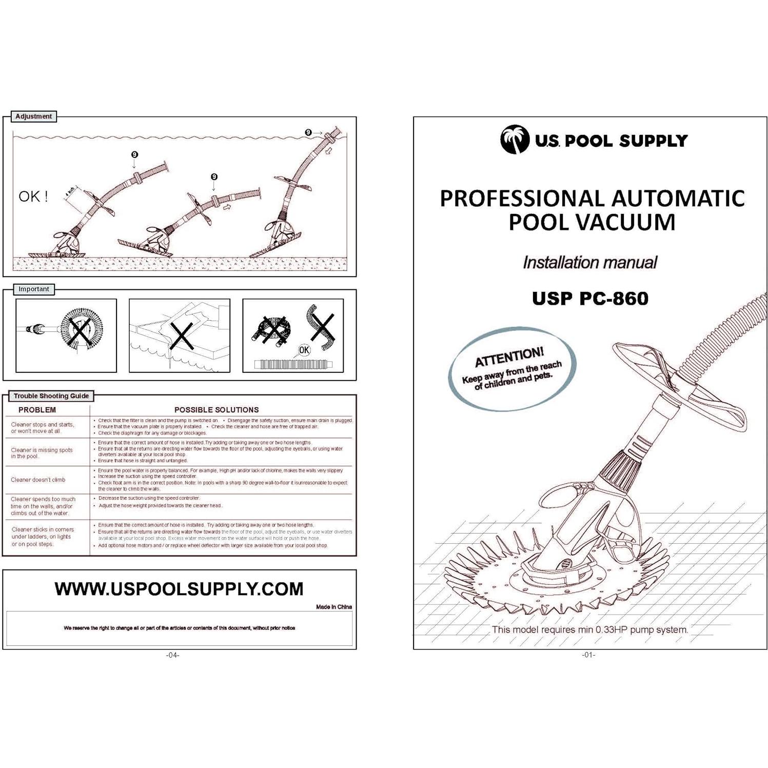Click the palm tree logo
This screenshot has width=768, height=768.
tap(515, 140)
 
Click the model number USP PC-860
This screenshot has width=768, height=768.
tap(590, 299)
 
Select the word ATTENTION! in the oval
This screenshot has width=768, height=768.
tap(509, 357)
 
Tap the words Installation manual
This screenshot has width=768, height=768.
tap(589, 263)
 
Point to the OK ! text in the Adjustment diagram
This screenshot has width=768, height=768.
tap(33, 196)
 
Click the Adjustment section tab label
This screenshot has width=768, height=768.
tap(33, 116)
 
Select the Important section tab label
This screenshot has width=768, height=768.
tap(34, 289)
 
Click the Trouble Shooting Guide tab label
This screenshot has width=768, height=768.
tap(51, 396)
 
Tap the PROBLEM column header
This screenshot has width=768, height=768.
tap(37, 410)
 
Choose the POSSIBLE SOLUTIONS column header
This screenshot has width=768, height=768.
tap(216, 410)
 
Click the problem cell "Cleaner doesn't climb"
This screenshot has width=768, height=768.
tap(38, 480)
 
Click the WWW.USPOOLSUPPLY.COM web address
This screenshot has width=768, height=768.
tap(179, 589)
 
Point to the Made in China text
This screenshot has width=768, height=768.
tap(334, 607)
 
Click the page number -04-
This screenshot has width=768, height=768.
tap(173, 655)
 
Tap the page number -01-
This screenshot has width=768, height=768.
tap(588, 655)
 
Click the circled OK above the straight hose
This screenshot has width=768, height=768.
tap(304, 350)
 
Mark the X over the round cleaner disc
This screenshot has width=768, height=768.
tap(80, 331)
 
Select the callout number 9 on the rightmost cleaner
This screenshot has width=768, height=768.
tap(308, 132)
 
